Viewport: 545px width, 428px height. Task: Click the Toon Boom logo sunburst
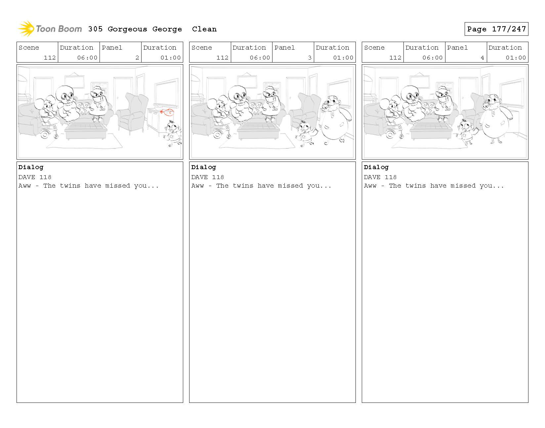point(26,29)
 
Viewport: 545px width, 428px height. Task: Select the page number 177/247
point(509,29)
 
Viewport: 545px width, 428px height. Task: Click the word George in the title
point(167,29)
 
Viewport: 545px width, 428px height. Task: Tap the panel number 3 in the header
point(310,58)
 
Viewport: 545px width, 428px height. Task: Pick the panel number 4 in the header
point(482,58)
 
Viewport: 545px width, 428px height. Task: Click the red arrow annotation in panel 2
point(167,112)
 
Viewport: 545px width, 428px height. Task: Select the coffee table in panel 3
point(258,131)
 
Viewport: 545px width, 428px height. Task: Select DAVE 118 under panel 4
point(380,177)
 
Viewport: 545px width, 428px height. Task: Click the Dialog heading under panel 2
point(31,167)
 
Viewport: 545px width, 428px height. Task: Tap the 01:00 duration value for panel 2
point(171,58)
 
